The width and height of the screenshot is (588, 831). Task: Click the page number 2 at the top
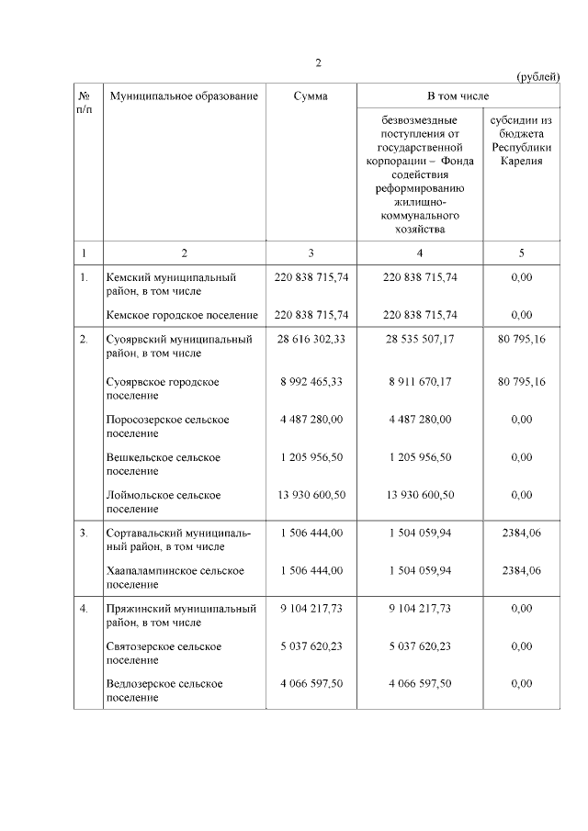(x=318, y=62)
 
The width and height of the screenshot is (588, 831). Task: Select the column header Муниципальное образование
(x=183, y=95)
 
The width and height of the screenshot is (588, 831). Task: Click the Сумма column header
(x=311, y=95)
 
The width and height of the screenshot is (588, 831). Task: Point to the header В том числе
(x=457, y=95)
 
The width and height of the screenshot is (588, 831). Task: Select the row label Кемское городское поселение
(x=182, y=314)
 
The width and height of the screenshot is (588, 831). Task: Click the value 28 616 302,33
(x=311, y=339)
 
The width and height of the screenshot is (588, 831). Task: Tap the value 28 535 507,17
(x=419, y=339)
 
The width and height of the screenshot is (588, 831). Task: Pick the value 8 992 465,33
(x=311, y=381)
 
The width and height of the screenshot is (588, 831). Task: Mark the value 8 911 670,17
(x=419, y=381)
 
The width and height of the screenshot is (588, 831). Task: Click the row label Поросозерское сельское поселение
(x=167, y=426)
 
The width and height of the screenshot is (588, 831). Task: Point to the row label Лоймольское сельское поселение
(x=164, y=501)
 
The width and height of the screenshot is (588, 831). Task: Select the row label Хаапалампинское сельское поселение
(x=175, y=577)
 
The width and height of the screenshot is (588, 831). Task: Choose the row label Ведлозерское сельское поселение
(x=164, y=690)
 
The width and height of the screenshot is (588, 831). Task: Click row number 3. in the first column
(x=84, y=533)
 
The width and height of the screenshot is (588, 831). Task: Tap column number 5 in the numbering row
(x=521, y=253)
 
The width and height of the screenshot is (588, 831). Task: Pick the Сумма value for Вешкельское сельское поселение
(x=311, y=457)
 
